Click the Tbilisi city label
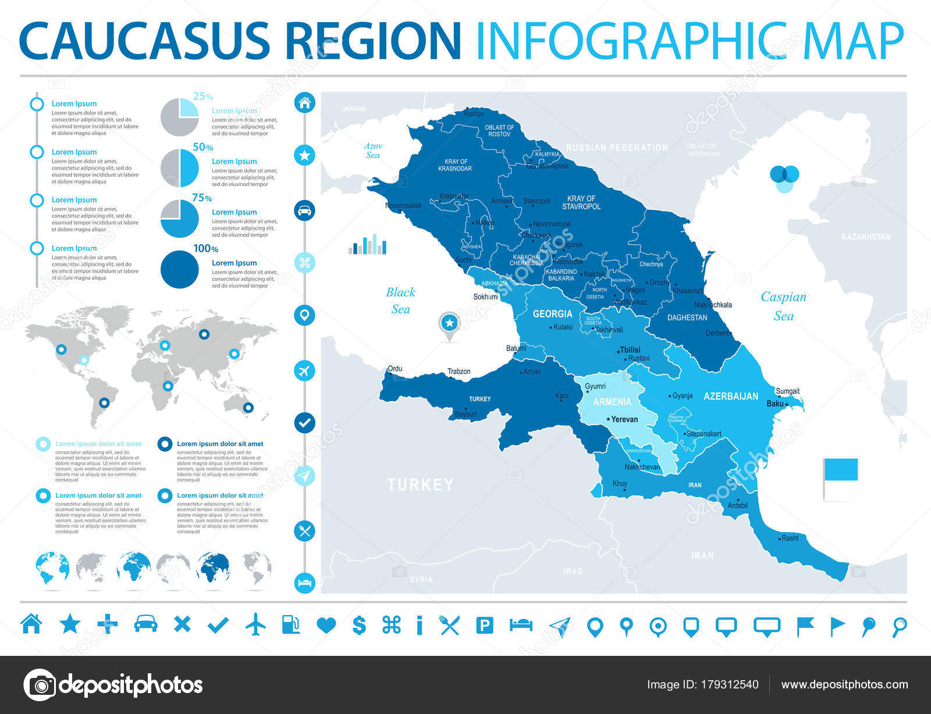click(630, 349)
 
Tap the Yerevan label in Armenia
click(624, 419)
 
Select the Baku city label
click(774, 404)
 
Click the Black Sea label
click(400, 301)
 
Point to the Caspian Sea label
click(783, 306)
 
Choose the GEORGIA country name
click(552, 314)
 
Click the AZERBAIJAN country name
click(731, 397)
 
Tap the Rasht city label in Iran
click(790, 538)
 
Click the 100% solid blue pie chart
click(179, 269)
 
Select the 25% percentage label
click(202, 97)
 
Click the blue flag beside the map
click(841, 469)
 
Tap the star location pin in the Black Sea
click(449, 323)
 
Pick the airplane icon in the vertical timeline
click(304, 370)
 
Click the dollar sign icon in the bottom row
click(359, 625)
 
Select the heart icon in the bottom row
click(326, 626)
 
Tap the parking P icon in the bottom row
click(484, 626)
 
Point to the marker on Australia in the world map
click(248, 408)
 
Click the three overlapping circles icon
click(784, 178)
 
